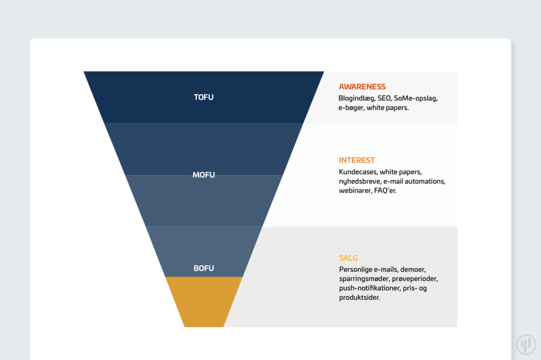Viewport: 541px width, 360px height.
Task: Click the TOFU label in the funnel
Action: coord(203,97)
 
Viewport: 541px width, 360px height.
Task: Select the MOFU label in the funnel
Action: coord(203,175)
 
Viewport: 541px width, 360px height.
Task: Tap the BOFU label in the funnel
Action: coord(203,268)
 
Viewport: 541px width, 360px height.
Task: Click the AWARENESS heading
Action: coord(362,87)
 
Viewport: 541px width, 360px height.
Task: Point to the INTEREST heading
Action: coord(357,160)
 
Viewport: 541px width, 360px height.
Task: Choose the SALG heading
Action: coord(348,258)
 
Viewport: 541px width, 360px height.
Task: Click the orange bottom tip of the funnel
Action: coord(204,302)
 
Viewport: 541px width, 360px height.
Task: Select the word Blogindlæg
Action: coord(357,99)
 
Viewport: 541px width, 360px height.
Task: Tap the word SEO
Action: coord(385,98)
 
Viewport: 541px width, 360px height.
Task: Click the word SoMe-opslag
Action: coord(416,99)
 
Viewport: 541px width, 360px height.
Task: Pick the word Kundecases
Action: coord(358,172)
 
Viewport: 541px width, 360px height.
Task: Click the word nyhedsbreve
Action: coord(360,182)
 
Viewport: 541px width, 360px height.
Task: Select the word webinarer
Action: coord(355,191)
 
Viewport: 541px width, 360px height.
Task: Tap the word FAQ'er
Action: coord(385,191)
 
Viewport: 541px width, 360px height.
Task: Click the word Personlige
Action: coord(356,270)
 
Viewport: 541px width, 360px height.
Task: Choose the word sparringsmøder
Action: coord(364,279)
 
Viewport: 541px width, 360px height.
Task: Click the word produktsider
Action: coord(359,298)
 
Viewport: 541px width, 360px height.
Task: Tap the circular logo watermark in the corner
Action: coord(526,344)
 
